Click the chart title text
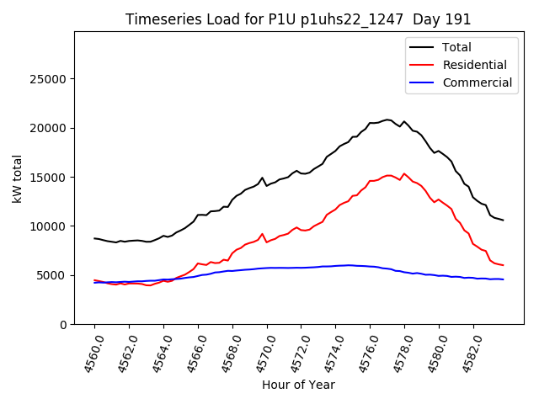[298, 19]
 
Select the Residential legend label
[474, 66]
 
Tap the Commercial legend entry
[477, 82]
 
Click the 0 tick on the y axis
[63, 325]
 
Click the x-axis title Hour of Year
[298, 385]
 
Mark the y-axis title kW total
[17, 178]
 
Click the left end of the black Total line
[94, 238]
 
